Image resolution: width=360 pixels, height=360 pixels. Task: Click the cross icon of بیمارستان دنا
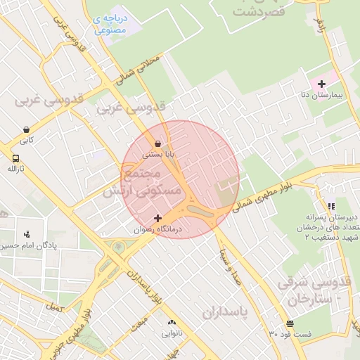pos(321,84)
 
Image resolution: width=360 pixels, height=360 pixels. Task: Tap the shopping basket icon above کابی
pos(27,129)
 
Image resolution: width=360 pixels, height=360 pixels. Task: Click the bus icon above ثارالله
pos(15,158)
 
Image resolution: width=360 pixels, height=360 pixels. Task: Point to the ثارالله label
pos(15,169)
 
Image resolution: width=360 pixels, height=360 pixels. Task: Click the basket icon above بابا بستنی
pos(158,143)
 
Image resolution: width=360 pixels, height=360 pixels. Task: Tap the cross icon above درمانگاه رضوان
pos(157,218)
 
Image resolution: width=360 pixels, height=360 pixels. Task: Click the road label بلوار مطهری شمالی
pos(264,193)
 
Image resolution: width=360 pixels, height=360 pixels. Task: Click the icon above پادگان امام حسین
pos(27,233)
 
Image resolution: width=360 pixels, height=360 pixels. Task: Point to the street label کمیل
pos(53,307)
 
